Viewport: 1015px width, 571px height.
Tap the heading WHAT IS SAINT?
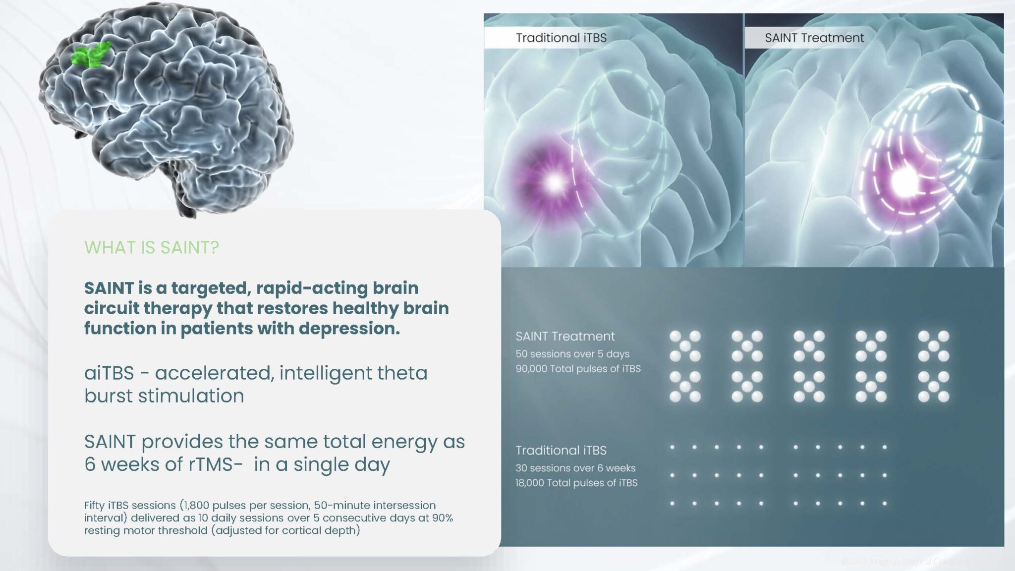(151, 247)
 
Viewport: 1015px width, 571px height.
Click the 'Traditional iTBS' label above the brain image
(561, 38)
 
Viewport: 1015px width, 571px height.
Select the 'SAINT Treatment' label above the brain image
(814, 38)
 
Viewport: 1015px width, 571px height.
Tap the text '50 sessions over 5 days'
(572, 354)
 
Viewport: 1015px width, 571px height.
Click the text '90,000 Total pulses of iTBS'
(578, 369)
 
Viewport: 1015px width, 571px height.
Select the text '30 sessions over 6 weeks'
(575, 468)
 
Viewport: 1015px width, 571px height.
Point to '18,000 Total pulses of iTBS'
(576, 483)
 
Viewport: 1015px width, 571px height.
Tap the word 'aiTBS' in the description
(109, 373)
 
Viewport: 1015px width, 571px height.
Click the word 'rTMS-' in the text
(215, 464)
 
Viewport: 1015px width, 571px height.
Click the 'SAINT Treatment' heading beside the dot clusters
(565, 336)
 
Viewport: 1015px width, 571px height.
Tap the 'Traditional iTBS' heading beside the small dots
(561, 450)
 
